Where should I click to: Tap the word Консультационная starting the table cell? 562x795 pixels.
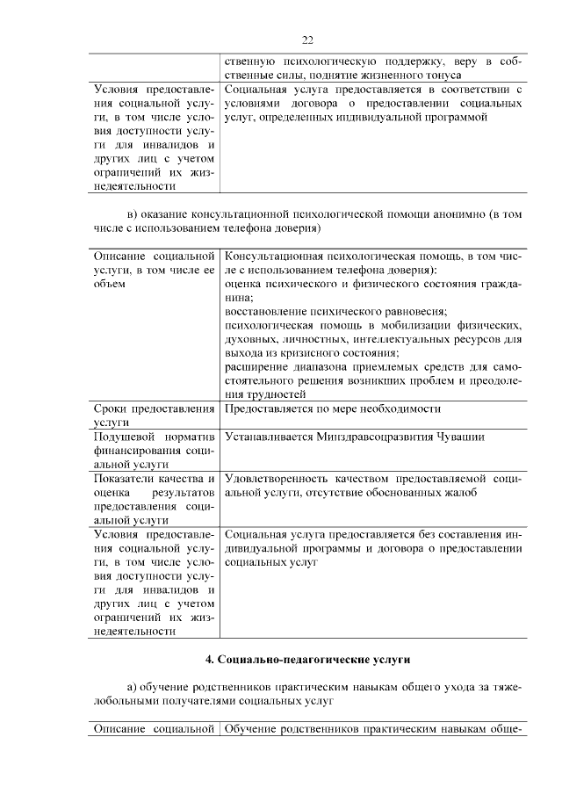(x=275, y=255)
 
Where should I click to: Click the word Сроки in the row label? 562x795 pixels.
(x=112, y=408)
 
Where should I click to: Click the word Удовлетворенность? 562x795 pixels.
(x=276, y=478)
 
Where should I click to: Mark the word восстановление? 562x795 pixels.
(x=268, y=311)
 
